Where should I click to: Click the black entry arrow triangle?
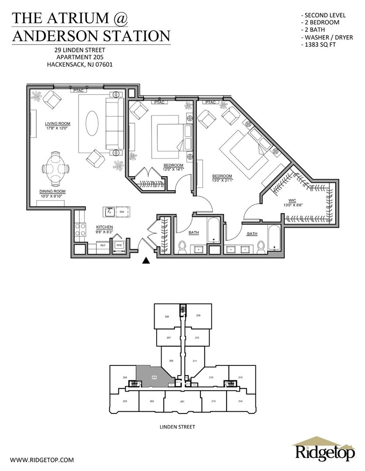coord(146,260)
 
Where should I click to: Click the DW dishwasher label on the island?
coord(122,212)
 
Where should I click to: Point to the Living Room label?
coord(58,123)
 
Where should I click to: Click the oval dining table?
coord(55,168)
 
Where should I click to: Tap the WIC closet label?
coord(292,200)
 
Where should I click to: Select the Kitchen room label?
coord(104,227)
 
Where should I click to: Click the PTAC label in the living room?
coord(79,90)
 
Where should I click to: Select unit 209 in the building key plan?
coord(198,316)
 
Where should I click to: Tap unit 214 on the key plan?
coord(241,401)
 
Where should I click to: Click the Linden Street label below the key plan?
coord(177,427)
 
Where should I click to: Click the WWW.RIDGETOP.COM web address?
coord(42,460)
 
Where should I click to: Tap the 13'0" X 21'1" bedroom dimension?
coord(222,181)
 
